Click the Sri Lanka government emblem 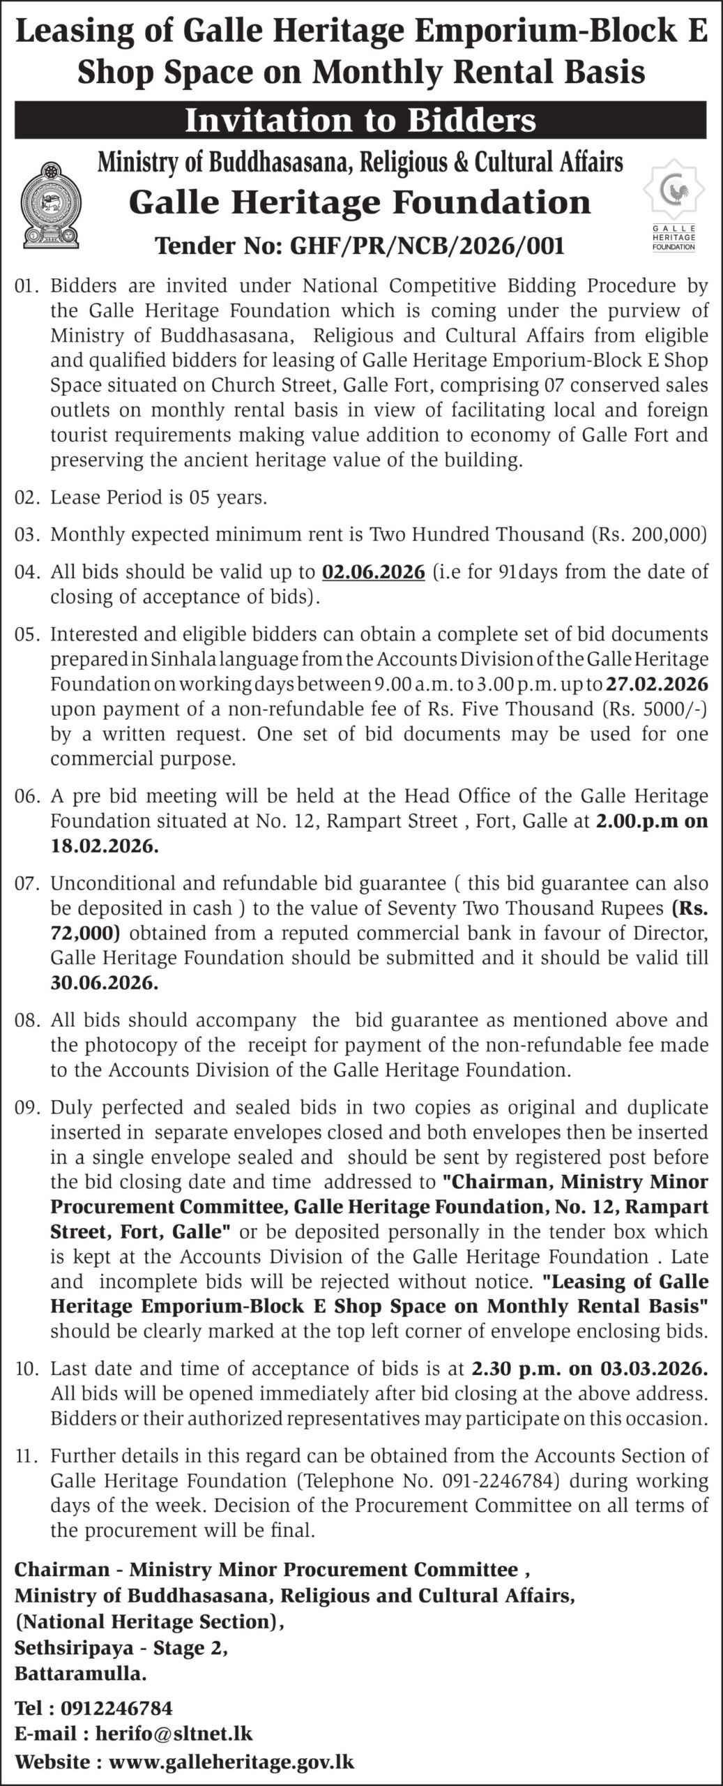click(50, 205)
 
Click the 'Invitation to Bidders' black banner click(360, 121)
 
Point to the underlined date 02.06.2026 click(373, 572)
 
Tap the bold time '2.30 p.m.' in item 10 click(516, 1368)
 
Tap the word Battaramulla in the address click(81, 1673)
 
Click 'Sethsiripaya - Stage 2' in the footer click(121, 1647)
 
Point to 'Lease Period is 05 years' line click(159, 498)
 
